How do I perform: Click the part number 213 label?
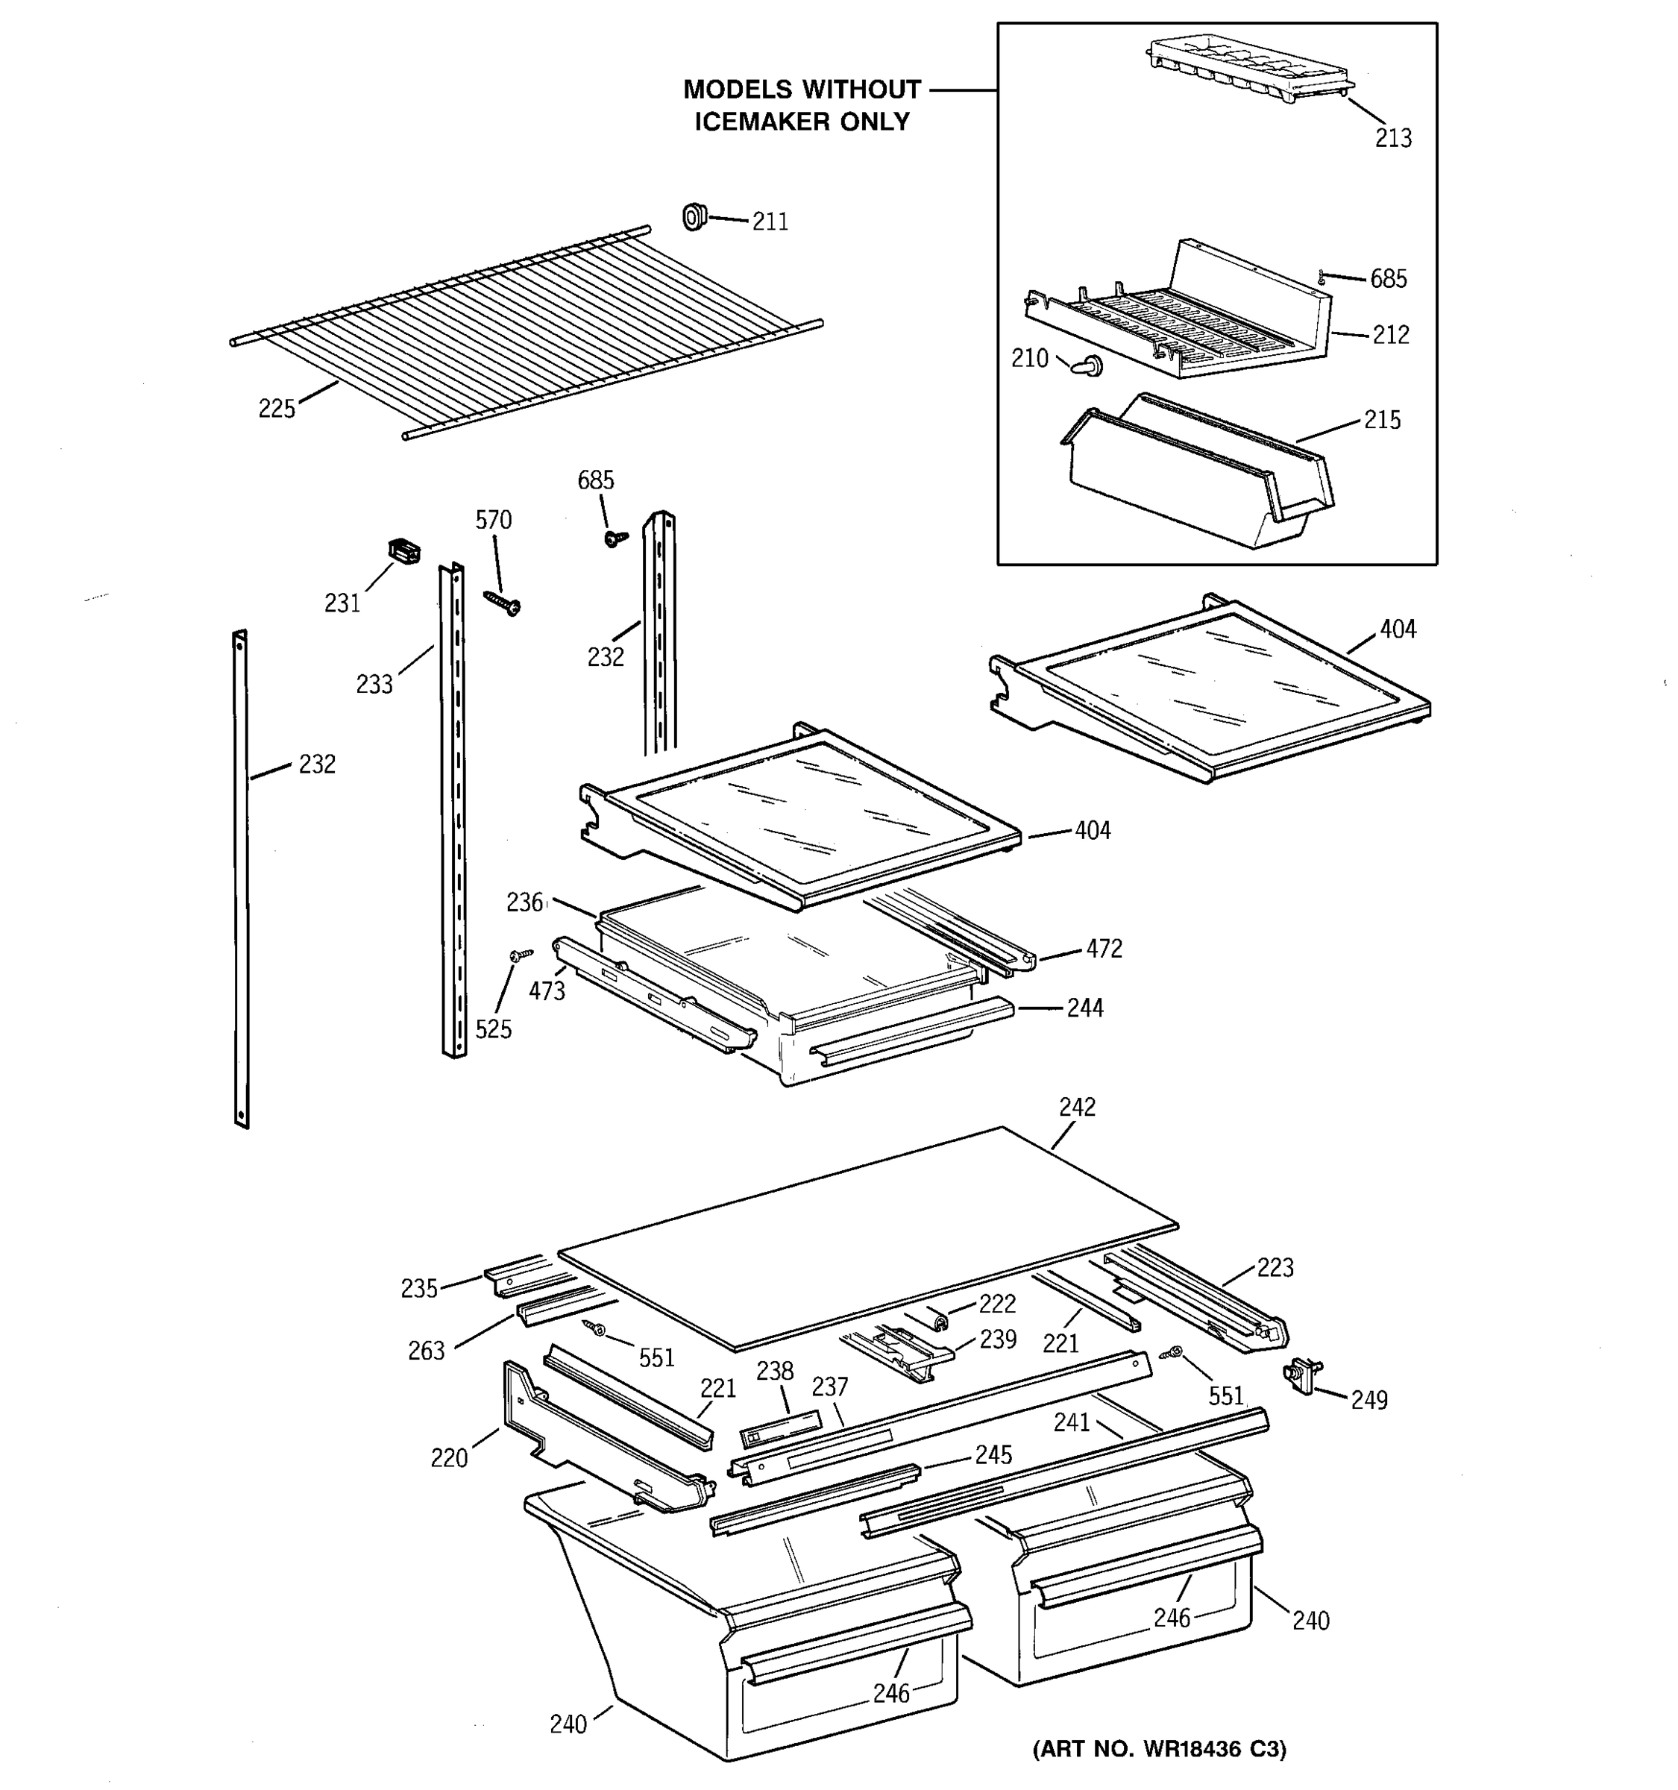click(x=1392, y=139)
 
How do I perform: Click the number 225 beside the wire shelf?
click(x=277, y=409)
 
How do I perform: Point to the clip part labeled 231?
click(x=404, y=550)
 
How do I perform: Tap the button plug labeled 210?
click(x=1091, y=365)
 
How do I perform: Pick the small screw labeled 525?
click(x=519, y=955)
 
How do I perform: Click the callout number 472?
click(x=1104, y=949)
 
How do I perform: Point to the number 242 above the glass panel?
click(x=1077, y=1108)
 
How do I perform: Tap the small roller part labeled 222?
click(x=940, y=1321)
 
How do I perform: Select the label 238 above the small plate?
click(x=774, y=1372)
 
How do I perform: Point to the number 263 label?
click(x=426, y=1351)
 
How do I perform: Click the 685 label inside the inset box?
click(x=1388, y=279)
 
